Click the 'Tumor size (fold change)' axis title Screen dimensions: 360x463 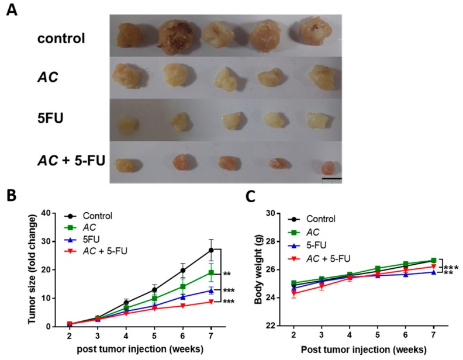click(x=40, y=267)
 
